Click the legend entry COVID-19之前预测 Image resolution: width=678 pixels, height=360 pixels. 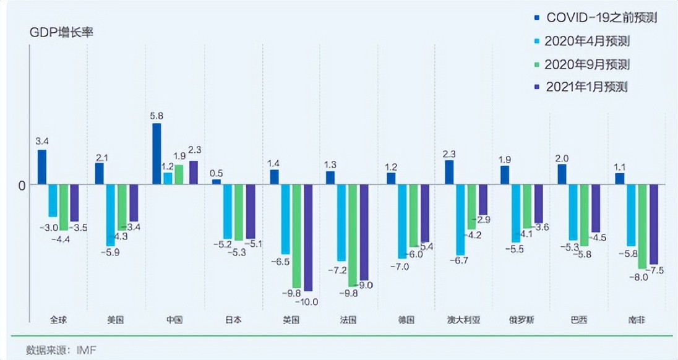tap(600, 18)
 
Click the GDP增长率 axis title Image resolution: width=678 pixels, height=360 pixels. tap(61, 33)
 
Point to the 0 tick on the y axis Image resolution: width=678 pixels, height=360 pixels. tap(22, 185)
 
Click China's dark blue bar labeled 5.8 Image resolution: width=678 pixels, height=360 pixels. tap(157, 153)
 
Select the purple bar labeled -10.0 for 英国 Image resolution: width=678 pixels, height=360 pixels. tap(308, 238)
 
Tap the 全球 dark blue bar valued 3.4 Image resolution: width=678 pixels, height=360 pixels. tap(42, 167)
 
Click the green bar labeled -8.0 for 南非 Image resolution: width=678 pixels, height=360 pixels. tap(643, 226)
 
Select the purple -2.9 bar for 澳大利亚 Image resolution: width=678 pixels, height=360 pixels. tap(483, 200)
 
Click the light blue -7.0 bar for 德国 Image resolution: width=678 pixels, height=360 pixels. tap(402, 221)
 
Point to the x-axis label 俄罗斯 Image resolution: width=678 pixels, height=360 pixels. tap(522, 320)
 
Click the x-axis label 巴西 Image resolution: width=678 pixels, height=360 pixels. tap(579, 320)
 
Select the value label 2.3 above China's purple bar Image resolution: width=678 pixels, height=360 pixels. tap(194, 150)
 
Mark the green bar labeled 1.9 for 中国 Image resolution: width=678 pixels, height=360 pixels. tap(179, 174)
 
